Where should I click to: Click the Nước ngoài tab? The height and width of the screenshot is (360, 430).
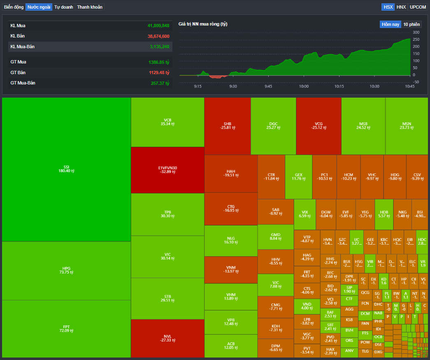pos(39,7)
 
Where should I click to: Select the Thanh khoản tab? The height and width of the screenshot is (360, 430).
pos(90,7)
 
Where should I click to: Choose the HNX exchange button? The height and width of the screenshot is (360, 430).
pos(401,7)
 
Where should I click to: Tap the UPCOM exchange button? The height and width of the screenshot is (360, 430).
pos(418,7)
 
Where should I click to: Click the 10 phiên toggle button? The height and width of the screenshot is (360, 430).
pos(411,24)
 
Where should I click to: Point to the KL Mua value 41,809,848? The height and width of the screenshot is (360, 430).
pos(158,26)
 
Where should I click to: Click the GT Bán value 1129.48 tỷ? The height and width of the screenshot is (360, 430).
pos(159,72)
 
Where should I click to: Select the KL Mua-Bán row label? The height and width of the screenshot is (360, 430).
pos(23,47)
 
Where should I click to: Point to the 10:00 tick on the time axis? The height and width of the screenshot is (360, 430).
pos(304,86)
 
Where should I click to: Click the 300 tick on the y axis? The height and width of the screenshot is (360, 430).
pos(416,33)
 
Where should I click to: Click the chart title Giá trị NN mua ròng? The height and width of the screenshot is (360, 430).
pos(203,24)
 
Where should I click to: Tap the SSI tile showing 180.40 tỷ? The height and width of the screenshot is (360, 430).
pos(66,169)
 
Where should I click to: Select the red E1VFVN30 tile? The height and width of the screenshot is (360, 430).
pos(167,170)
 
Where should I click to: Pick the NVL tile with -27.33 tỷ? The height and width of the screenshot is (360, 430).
pos(167,338)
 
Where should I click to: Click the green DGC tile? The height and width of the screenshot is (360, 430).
pos(273,126)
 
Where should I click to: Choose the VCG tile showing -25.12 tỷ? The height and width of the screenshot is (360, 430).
pos(318,126)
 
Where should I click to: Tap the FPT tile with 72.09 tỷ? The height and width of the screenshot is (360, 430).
pos(66,329)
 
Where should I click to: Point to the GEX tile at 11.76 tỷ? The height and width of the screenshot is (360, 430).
pos(298,177)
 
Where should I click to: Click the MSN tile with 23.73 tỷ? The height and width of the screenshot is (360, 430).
pos(407,126)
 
